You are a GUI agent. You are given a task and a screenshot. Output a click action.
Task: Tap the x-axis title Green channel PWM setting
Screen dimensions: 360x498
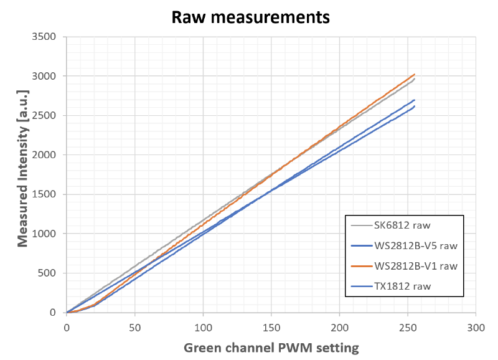point(271,347)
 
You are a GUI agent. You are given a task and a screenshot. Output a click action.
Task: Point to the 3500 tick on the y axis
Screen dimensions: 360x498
point(45,37)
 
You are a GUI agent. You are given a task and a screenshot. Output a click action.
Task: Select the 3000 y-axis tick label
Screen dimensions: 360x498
point(45,76)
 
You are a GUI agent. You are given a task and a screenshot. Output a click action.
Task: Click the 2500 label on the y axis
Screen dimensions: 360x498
point(45,115)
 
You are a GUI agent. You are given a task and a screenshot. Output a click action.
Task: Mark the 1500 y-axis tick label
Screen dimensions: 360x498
point(45,194)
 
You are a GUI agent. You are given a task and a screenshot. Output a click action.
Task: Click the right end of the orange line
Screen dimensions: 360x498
point(415,74)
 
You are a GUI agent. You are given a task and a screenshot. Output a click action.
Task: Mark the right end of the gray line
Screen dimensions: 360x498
point(415,78)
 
